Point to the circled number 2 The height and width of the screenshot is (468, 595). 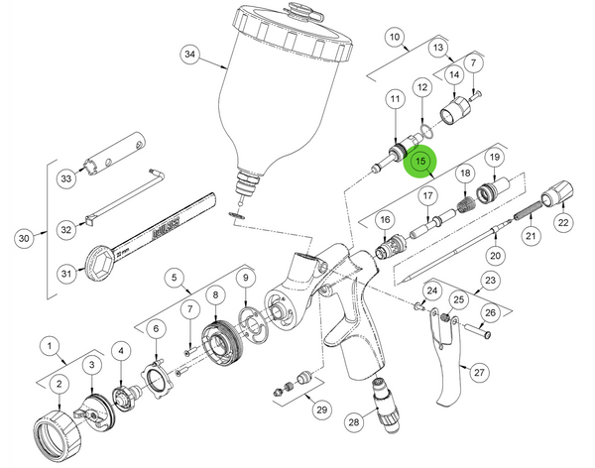click(59, 384)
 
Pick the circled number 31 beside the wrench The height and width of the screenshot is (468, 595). click(66, 274)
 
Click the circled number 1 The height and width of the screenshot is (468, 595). click(48, 345)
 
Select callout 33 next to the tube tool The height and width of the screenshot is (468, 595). click(66, 178)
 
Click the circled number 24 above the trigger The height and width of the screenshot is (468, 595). click(430, 291)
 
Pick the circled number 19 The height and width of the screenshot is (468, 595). click(493, 158)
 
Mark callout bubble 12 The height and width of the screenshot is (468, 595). click(421, 88)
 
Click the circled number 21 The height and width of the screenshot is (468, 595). click(531, 236)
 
